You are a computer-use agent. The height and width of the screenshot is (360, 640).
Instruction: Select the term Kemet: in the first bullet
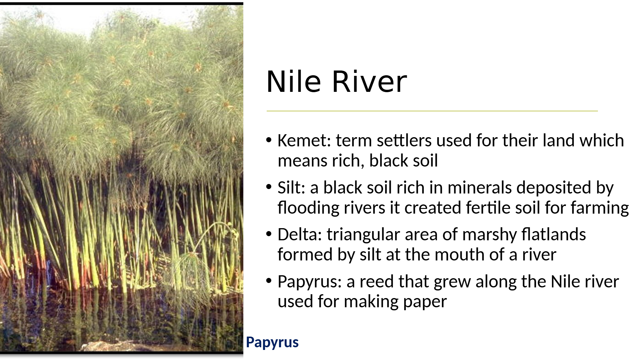(x=304, y=140)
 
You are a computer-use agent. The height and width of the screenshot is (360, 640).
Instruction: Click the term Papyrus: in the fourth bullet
(x=310, y=282)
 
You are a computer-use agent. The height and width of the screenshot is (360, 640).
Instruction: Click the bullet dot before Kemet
(x=269, y=140)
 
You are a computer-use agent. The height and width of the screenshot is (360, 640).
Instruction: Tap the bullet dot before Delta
(x=269, y=234)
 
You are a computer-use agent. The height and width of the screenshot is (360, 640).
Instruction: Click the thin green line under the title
(x=432, y=111)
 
